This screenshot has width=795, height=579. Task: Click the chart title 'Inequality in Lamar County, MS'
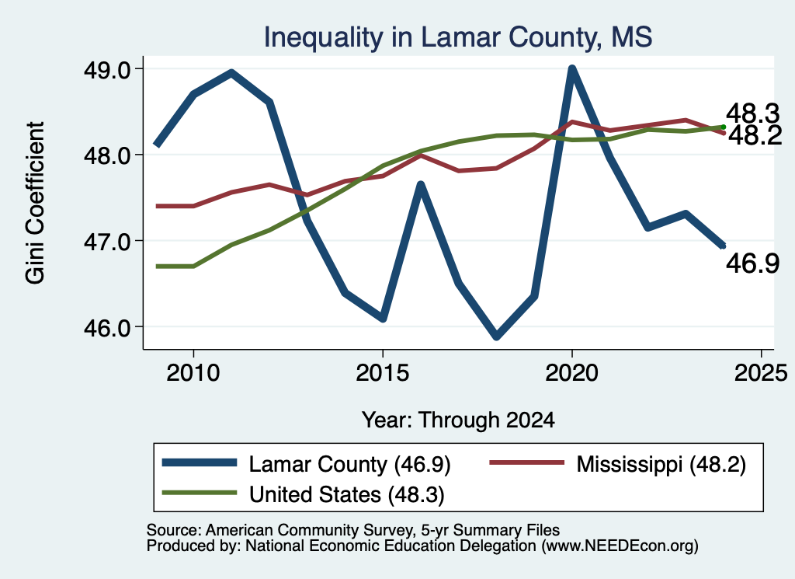[x=458, y=38]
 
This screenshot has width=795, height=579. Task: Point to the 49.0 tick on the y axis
[x=107, y=69]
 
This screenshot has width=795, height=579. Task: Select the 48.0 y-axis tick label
[x=107, y=155]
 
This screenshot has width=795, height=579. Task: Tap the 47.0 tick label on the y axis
[x=107, y=242]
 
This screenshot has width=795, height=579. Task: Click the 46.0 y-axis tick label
[x=107, y=327]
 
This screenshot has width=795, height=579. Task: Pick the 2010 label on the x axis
[x=193, y=373]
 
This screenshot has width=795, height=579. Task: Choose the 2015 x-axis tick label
[x=382, y=373]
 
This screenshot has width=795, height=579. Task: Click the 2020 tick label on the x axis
[x=572, y=373]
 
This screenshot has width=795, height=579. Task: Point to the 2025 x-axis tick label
[x=761, y=373]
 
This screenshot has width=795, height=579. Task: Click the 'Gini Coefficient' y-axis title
[x=35, y=203]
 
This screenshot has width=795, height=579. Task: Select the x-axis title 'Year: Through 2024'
[x=458, y=420]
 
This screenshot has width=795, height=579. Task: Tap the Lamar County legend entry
[x=306, y=464]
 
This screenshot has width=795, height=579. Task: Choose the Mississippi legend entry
[x=617, y=464]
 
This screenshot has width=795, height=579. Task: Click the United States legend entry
[x=304, y=494]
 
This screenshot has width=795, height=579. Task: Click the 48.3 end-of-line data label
[x=752, y=113]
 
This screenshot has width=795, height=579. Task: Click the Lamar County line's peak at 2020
[x=572, y=69]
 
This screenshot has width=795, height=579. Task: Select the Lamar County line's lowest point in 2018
[x=497, y=336]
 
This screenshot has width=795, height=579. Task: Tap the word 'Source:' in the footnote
[x=175, y=530]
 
